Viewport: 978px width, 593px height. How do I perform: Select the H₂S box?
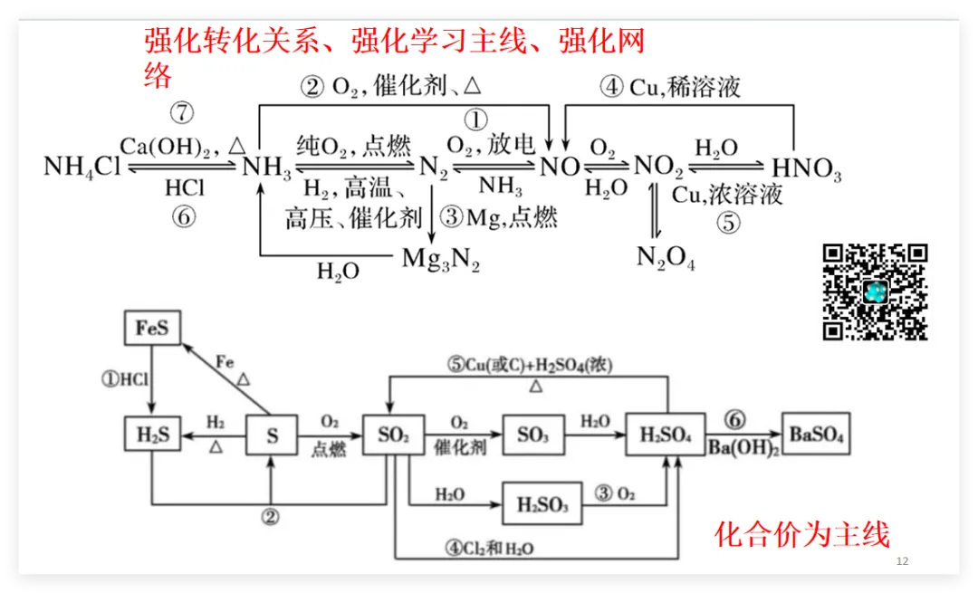coord(152,435)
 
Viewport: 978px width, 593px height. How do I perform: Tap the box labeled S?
coord(273,436)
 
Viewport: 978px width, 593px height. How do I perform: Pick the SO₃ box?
coord(532,435)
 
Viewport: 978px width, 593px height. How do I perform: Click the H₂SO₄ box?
coord(666,435)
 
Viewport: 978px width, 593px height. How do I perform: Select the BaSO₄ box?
coord(816,435)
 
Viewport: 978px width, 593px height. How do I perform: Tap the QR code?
coord(875,292)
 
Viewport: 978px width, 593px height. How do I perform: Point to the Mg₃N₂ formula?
coord(441,260)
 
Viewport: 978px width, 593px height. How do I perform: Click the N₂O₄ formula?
coord(666,258)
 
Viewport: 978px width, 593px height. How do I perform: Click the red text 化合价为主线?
coord(802,534)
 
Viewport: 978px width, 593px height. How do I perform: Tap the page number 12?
coord(902,561)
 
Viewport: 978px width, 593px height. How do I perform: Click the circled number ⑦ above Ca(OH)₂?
coord(183,113)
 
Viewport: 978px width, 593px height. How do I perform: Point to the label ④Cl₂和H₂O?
coord(490,548)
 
